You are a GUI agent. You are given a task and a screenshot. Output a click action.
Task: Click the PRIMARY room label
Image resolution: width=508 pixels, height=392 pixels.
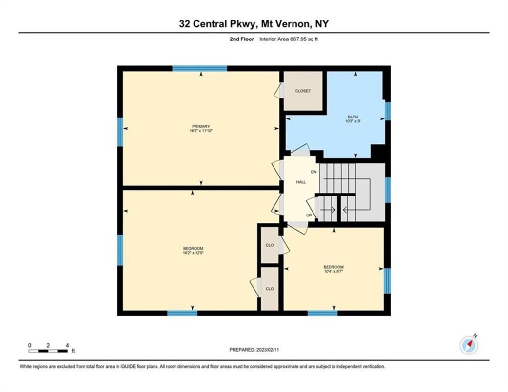pos(200,126)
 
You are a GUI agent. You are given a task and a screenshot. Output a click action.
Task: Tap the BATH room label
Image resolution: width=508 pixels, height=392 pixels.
pos(352,117)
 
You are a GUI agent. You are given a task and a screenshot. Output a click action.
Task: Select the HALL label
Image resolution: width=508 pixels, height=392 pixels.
pos(301,182)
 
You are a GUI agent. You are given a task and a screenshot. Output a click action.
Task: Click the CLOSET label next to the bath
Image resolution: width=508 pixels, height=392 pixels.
pos(303,91)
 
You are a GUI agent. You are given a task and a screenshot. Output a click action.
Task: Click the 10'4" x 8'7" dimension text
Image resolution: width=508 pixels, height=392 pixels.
pos(333,271)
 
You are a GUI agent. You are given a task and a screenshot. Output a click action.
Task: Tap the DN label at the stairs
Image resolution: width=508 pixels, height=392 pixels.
pos(314,172)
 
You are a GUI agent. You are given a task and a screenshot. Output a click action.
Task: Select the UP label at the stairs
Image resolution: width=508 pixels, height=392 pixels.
pos(309,215)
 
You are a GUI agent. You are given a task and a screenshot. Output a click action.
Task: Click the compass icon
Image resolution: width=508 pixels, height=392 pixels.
pos(469,345)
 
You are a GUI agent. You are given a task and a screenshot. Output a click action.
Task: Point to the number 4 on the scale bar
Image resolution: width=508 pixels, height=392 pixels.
pos(67,345)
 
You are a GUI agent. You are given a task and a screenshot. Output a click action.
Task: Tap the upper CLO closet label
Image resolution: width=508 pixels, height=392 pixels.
pos(270,246)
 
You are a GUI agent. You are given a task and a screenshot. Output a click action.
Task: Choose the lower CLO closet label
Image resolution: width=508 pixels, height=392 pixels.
pos(270,289)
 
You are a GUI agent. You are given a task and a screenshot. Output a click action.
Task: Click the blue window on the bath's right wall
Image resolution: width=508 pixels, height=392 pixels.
pos(388,111)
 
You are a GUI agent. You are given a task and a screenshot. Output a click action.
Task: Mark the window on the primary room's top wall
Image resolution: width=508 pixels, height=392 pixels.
pos(200,68)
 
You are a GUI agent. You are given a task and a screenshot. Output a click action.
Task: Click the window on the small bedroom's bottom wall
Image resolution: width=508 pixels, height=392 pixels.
pos(322,313)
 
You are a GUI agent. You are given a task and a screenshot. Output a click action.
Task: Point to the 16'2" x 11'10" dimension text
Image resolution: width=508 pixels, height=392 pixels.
pos(200,131)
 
